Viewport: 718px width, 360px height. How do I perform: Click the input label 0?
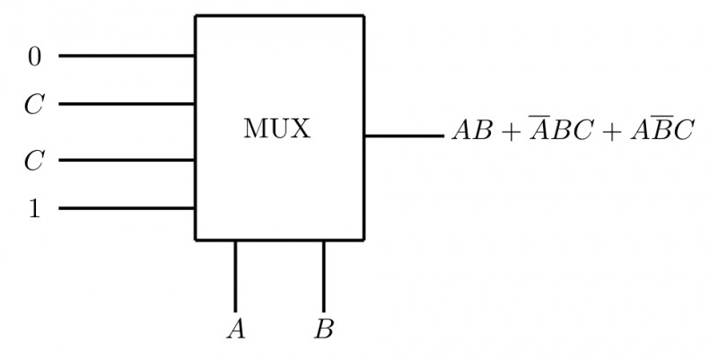34,57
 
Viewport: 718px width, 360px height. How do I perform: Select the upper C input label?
33,105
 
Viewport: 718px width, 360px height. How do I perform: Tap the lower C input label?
33,162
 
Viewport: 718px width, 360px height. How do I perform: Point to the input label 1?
34,209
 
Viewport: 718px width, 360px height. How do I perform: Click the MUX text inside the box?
276,129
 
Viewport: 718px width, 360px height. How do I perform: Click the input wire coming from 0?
127,56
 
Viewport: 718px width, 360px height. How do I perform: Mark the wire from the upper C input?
127,104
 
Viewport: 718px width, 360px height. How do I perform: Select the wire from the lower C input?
127,161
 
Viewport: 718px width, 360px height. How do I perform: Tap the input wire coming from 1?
127,209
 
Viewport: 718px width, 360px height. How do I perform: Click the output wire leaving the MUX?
403,136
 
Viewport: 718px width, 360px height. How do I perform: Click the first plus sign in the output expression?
509,132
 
